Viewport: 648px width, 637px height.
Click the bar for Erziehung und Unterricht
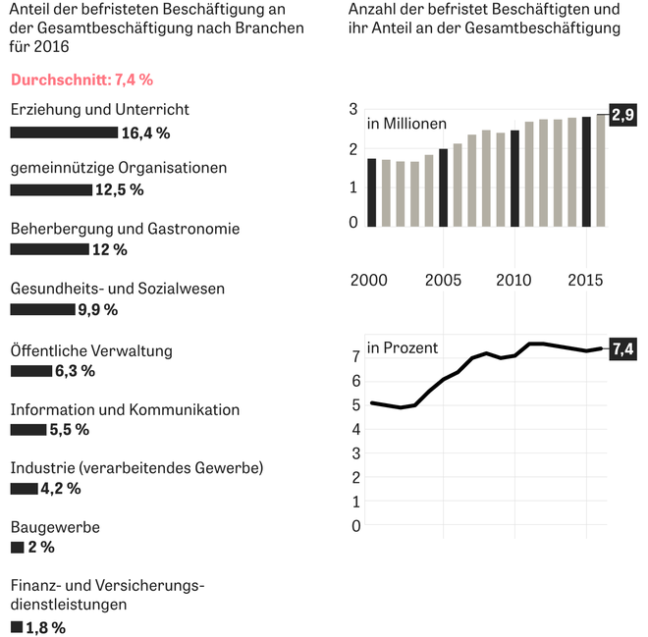(63, 132)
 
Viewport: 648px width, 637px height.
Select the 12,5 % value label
(119, 189)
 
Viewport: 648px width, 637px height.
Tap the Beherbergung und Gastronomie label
(125, 229)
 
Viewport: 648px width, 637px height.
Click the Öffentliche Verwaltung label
(91, 350)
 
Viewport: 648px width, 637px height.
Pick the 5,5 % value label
(69, 430)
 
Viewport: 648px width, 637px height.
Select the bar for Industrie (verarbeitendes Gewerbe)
(24, 488)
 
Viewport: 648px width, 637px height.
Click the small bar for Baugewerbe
(17, 547)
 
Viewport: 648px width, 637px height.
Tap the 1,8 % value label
(45, 627)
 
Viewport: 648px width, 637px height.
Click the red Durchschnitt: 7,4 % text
(81, 80)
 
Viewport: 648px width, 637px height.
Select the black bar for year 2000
(371, 192)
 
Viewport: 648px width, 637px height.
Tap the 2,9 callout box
(622, 116)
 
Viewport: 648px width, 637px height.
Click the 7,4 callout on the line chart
(622, 348)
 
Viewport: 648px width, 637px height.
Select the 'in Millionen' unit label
(406, 124)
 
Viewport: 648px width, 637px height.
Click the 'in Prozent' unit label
(403, 347)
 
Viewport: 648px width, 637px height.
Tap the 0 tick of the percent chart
(356, 526)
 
